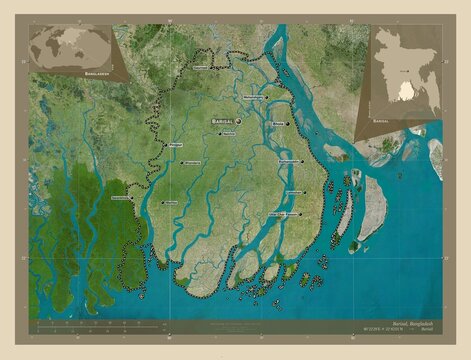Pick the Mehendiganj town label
256,97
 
